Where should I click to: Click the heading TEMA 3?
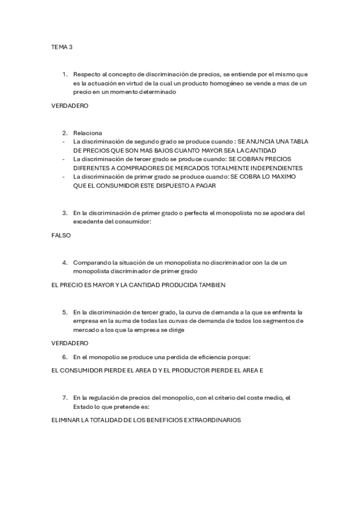coord(61,46)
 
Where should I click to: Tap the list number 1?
coord(65,74)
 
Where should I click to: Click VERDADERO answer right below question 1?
coord(70,105)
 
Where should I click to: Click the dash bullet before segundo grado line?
coord(64,141)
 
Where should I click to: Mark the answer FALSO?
coord(61,235)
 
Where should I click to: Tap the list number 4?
coord(65,262)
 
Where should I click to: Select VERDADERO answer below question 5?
coord(70,343)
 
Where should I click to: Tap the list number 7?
coord(65,398)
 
